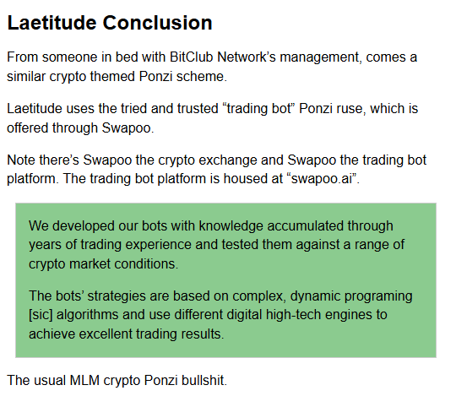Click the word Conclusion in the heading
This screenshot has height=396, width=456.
[x=157, y=23]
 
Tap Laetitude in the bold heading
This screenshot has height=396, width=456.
[x=52, y=23]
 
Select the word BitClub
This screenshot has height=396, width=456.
[x=192, y=57]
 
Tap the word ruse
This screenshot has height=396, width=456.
[x=351, y=109]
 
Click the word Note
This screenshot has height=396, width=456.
[x=21, y=160]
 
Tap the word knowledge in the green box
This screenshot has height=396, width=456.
[x=231, y=227]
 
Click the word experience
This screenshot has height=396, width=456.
[x=158, y=246]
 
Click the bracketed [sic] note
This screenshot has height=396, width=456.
[x=41, y=315]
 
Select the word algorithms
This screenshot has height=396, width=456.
[x=88, y=316]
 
